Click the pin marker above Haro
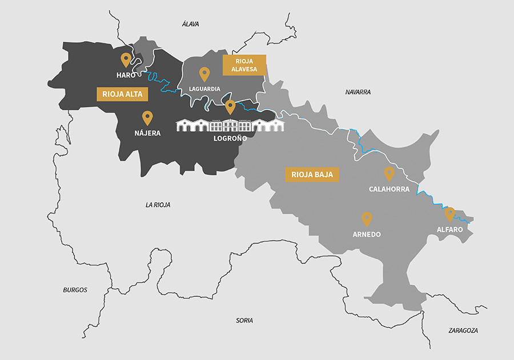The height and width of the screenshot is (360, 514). (126, 59)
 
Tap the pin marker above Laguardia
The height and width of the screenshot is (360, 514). (204, 74)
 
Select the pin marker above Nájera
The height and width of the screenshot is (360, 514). (147, 118)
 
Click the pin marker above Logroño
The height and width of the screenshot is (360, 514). (230, 106)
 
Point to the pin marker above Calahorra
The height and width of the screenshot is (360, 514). (389, 173)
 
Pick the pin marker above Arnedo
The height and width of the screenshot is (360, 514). (367, 218)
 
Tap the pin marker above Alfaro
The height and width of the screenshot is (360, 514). (450, 214)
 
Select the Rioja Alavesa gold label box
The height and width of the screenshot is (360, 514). (244, 65)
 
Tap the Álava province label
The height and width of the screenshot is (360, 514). (190, 24)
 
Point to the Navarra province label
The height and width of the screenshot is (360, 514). (358, 92)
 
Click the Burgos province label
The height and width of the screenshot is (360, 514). (75, 290)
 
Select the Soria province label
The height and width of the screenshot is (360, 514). (244, 321)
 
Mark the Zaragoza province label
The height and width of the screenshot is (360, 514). (463, 331)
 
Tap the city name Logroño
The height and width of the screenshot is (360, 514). (231, 138)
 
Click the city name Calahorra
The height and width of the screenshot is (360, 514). (389, 189)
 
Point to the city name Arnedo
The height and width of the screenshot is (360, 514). (367, 234)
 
